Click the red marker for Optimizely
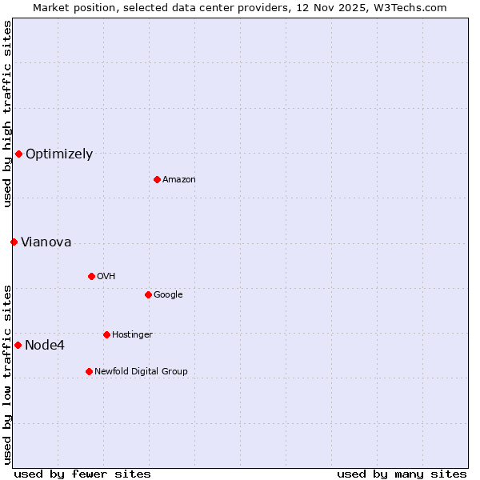[18, 154]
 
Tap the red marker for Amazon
[157, 179]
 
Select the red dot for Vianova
[14, 242]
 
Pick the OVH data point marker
[91, 276]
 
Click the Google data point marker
[148, 294]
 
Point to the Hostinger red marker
[106, 334]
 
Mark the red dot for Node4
[18, 345]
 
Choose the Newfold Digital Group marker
[89, 371]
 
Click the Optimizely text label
[59, 154]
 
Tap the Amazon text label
[179, 180]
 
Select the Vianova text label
[46, 242]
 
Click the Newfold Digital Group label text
[141, 372]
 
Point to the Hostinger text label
[132, 335]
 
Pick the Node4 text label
[45, 346]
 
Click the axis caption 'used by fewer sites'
[82, 474]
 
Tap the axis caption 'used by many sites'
[402, 474]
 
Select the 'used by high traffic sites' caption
[7, 114]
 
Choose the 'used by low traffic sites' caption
[7, 374]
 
